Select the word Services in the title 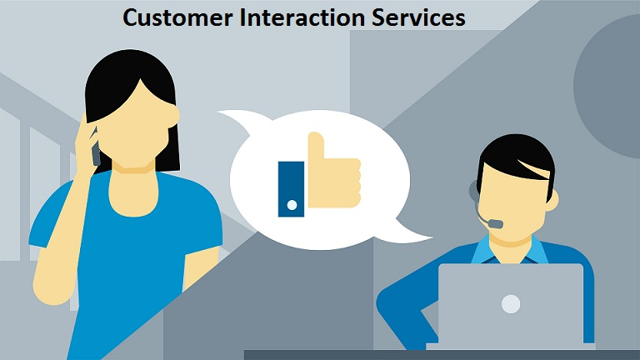tap(417, 17)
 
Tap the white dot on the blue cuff tap(291, 203)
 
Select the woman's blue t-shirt tap(125, 242)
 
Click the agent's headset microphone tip tap(495, 223)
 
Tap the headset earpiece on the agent tap(474, 191)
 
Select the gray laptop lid tap(511, 304)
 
